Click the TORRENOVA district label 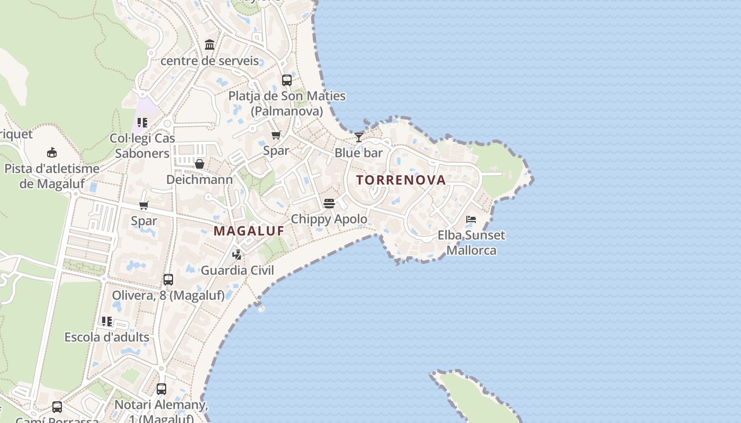coord(401,180)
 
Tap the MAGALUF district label coord(249,231)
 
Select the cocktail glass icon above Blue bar coord(359,137)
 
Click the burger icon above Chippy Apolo coord(329,204)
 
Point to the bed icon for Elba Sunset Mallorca coord(471,219)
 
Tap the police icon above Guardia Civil coord(237,255)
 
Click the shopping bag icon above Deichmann coord(200,164)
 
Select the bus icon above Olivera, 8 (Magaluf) coord(168,280)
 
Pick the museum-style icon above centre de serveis coord(210,44)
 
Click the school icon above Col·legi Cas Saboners coord(142,123)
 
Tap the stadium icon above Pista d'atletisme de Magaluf coord(52,153)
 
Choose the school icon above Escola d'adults coord(107,321)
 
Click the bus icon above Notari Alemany coord(161,389)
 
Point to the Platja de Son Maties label coord(287,104)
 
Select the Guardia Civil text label coord(237,271)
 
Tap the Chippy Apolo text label coord(329,219)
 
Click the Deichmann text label coord(200,180)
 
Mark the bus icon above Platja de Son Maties coord(287,80)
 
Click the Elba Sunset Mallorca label coord(471,243)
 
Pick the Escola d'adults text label coord(107,337)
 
